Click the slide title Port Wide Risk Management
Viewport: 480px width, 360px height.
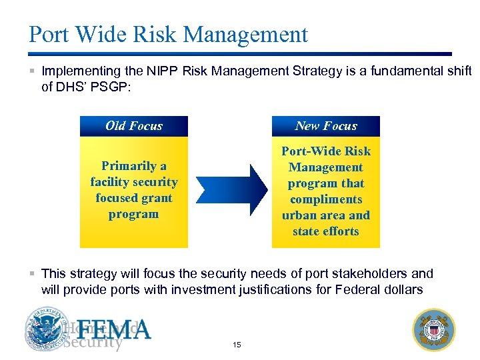click(x=168, y=35)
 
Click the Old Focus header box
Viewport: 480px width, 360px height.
click(x=133, y=126)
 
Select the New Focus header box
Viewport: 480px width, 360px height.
click(x=325, y=126)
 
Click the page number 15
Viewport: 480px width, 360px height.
click(x=237, y=345)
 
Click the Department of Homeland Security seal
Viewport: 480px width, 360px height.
click(x=47, y=329)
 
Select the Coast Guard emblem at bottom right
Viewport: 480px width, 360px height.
click(x=434, y=329)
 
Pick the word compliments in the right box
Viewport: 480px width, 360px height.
click(x=325, y=199)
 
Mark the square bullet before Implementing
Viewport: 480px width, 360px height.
click(x=32, y=71)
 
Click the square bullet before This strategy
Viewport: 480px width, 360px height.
click(x=32, y=274)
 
